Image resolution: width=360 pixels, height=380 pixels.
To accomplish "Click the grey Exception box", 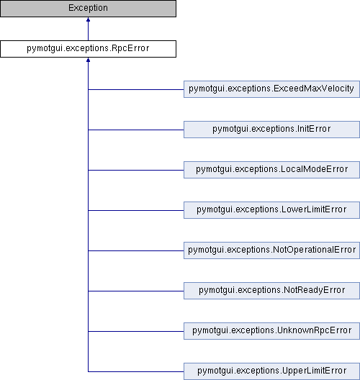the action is click(x=88, y=9).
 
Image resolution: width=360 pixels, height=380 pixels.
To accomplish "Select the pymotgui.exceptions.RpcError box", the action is click(x=88, y=49).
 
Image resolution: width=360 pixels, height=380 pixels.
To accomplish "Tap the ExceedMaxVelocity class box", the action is click(x=271, y=89).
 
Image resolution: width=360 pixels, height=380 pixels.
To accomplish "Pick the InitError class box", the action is click(x=271, y=130).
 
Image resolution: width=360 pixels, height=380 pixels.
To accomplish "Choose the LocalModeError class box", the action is click(x=271, y=170).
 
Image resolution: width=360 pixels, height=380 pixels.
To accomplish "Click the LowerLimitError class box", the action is click(x=271, y=210).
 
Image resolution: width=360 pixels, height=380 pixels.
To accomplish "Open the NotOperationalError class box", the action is click(x=271, y=250).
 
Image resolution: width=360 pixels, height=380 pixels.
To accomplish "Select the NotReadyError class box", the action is click(x=271, y=291).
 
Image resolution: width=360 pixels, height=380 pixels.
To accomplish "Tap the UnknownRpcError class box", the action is click(x=271, y=331).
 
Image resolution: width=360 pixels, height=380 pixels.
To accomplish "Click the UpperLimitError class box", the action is click(x=271, y=371).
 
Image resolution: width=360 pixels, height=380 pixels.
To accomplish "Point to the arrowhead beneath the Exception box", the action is click(x=88, y=19).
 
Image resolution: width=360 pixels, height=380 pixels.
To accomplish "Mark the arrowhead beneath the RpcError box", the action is click(x=88, y=60).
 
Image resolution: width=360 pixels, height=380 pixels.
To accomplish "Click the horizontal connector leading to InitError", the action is click(x=136, y=130).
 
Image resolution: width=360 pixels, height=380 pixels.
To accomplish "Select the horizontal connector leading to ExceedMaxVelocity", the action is click(x=136, y=89).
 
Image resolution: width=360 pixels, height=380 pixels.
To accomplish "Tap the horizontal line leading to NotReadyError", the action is click(x=136, y=291).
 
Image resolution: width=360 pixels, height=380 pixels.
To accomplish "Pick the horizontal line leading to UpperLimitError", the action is click(x=136, y=371).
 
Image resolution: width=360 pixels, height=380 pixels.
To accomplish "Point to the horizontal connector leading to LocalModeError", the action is click(x=136, y=170).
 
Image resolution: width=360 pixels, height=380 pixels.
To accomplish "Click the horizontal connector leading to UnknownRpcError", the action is click(x=136, y=331).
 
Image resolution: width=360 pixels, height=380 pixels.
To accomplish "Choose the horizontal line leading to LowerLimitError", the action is click(x=136, y=210).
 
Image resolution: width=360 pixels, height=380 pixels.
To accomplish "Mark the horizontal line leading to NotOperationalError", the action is click(x=136, y=251).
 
